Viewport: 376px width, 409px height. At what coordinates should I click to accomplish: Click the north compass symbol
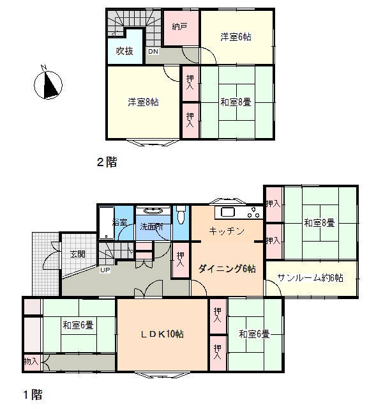[x=49, y=84]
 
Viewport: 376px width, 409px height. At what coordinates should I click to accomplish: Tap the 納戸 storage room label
[x=179, y=27]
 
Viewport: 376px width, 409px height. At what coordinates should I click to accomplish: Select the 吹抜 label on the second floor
[x=124, y=51]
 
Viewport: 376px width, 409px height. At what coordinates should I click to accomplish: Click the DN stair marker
[x=153, y=51]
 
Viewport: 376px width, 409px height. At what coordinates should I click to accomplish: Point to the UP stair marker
[x=105, y=270]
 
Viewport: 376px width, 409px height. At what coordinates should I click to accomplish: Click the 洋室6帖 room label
[x=236, y=37]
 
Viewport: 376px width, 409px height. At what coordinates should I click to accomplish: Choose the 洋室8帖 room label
[x=143, y=102]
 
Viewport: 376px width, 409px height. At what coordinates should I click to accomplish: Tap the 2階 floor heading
[x=107, y=162]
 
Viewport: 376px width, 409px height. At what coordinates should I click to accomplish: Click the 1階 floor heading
[x=33, y=395]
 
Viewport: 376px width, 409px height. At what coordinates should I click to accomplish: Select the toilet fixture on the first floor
[x=181, y=215]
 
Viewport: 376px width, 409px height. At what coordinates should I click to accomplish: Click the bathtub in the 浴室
[x=107, y=223]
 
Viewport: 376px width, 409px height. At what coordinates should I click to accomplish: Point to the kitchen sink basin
[x=228, y=212]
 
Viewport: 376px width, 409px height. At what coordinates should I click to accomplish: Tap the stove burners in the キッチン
[x=253, y=212]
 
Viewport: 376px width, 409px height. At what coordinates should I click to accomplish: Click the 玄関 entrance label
[x=78, y=254]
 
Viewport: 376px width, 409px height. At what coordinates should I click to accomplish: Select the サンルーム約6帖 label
[x=310, y=277]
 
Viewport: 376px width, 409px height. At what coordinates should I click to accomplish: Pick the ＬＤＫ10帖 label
[x=162, y=334]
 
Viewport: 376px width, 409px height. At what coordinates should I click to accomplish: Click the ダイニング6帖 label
[x=227, y=268]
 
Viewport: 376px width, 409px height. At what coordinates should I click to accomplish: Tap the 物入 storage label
[x=31, y=361]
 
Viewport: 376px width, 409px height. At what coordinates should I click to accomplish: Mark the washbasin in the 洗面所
[x=153, y=211]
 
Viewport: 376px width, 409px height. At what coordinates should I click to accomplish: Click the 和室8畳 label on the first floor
[x=319, y=223]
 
